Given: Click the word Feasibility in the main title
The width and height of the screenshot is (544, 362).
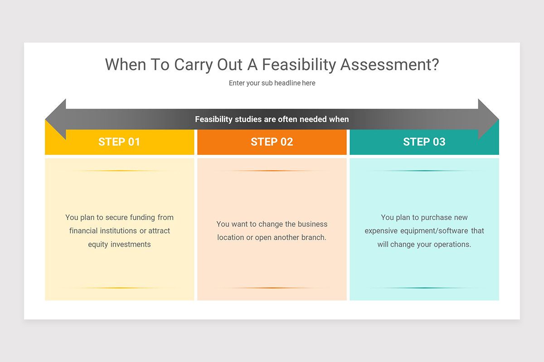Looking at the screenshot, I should (299, 65).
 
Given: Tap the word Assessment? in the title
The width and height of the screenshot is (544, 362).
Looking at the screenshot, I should (389, 65).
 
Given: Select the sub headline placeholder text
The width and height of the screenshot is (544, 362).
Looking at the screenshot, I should (272, 83).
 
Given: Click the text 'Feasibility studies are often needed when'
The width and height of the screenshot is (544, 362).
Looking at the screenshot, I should (272, 119).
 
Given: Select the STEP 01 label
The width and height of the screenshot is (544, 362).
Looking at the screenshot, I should (119, 142).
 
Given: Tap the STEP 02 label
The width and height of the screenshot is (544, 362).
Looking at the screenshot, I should (272, 142).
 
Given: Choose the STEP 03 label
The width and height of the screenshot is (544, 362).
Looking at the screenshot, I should (424, 142).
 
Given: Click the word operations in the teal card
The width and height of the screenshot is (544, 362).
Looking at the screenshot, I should (450, 244).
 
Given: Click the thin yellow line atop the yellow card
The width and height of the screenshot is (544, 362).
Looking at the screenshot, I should (119, 171).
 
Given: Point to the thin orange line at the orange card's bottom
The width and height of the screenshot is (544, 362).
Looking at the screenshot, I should (272, 288).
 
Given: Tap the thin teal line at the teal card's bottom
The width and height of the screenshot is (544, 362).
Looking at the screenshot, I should (424, 288).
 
